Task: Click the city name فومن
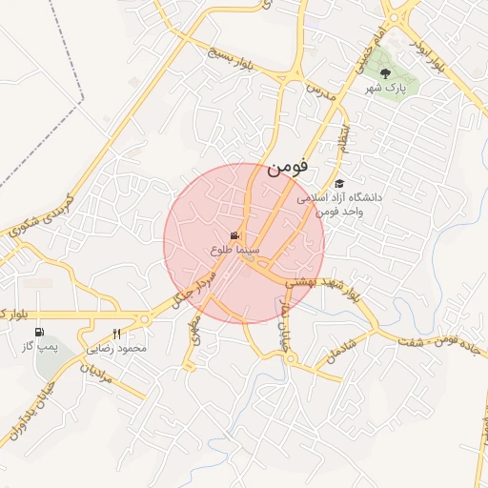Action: [289, 168]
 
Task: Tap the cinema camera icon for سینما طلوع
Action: [235, 235]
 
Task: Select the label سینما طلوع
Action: [234, 250]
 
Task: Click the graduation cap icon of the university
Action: [339, 183]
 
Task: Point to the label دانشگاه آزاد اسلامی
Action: [339, 197]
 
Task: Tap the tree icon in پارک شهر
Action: [384, 72]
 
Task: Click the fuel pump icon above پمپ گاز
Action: [40, 333]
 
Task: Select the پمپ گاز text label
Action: [41, 348]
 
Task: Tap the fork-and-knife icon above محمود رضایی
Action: [117, 334]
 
